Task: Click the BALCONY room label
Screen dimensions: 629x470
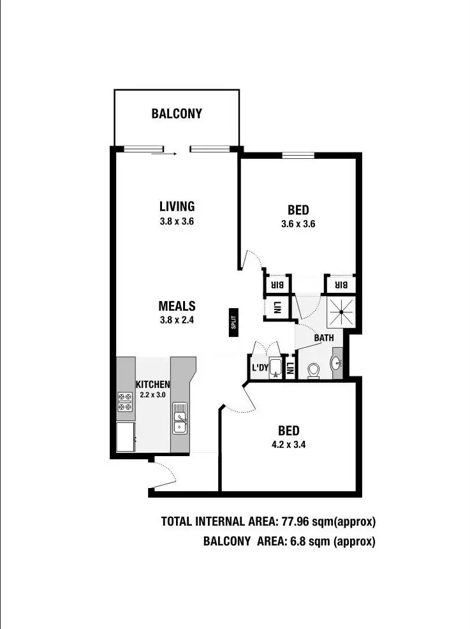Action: coord(177,114)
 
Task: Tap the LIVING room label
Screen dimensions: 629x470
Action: coord(177,206)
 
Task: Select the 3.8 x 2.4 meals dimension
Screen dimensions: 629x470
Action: coord(177,321)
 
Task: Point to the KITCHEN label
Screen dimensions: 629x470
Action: coord(152,385)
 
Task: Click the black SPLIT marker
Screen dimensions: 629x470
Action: coord(234,319)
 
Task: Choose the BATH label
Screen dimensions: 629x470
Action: coord(323,337)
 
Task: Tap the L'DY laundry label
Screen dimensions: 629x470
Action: coord(259,368)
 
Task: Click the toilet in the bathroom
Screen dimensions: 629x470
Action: coord(313,371)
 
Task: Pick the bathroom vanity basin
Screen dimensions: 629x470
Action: coord(336,364)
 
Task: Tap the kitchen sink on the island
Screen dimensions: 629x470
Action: coord(180,418)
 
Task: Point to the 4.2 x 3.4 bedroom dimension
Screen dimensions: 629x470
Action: coord(288,445)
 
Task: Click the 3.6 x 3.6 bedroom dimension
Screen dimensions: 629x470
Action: coord(298,224)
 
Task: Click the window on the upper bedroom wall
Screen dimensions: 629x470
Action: coord(298,154)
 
